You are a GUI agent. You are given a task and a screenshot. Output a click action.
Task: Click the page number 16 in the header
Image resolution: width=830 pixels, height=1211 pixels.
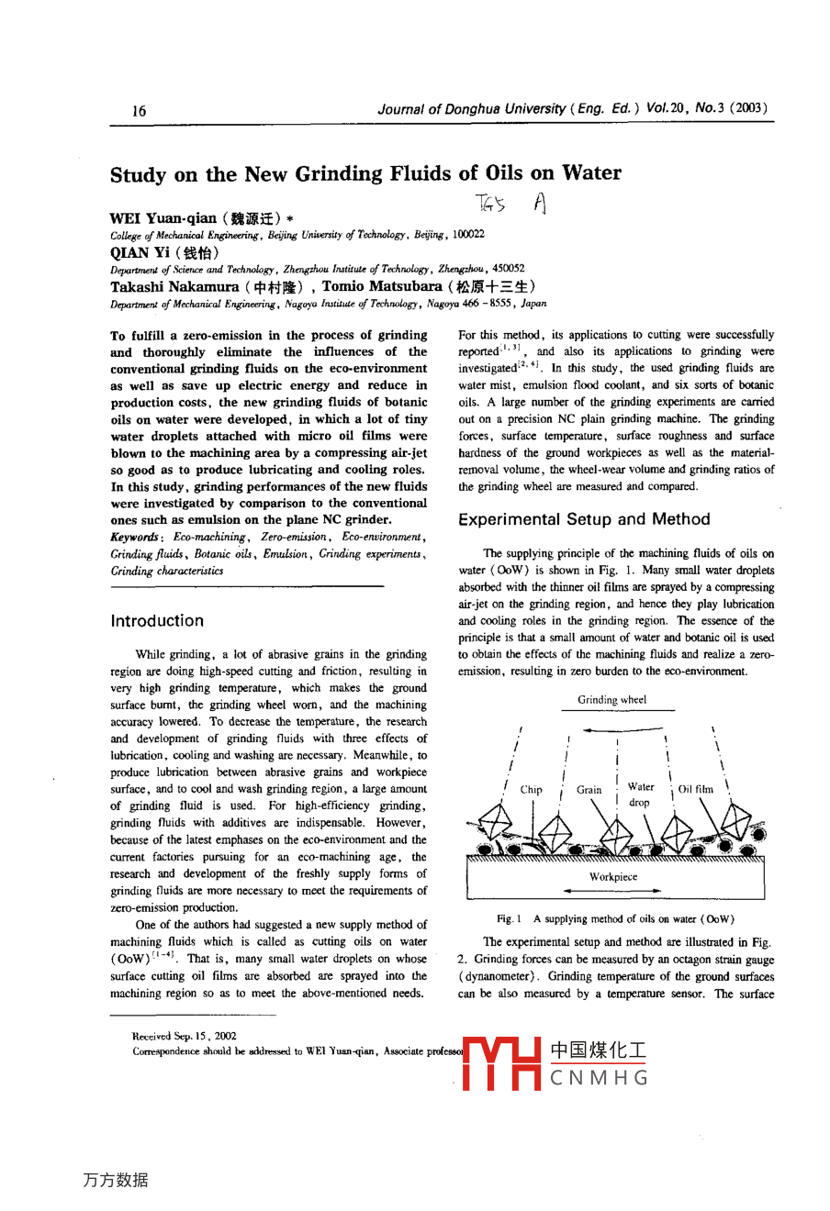tap(139, 111)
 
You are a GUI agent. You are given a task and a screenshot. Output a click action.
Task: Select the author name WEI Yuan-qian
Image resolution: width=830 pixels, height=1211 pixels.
tap(163, 218)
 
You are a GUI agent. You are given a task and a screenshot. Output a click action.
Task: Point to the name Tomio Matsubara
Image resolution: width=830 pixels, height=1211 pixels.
tap(381, 286)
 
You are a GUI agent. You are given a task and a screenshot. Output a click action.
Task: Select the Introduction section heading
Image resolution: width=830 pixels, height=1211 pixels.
tap(157, 621)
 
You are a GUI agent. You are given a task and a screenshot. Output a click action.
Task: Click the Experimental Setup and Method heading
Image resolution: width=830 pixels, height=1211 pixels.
tap(584, 519)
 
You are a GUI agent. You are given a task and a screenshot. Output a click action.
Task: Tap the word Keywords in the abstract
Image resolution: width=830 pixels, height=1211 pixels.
tap(134, 537)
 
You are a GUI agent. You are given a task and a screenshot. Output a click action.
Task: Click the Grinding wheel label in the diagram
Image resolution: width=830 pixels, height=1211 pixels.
tap(611, 700)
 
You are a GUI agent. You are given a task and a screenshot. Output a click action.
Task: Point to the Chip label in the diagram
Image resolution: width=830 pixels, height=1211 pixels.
tap(531, 789)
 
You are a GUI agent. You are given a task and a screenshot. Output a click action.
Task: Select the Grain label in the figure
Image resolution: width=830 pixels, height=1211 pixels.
tap(589, 789)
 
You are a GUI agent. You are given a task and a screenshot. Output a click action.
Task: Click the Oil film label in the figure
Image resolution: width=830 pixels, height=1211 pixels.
tap(695, 789)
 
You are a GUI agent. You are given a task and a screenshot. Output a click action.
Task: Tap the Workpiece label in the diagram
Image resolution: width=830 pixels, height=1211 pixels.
tap(613, 876)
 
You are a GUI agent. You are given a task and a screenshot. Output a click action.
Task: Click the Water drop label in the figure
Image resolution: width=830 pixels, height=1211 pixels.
tap(640, 794)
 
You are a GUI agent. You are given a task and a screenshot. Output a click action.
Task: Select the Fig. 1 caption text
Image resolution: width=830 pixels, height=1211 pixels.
tap(615, 918)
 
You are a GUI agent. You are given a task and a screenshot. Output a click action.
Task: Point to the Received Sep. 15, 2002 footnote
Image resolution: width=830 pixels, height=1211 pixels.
tap(185, 1036)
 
